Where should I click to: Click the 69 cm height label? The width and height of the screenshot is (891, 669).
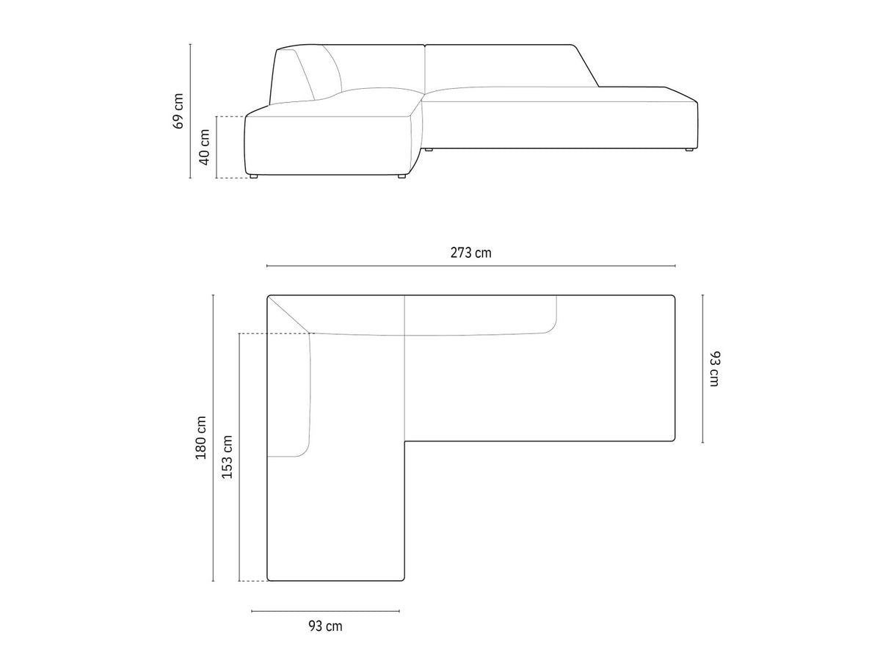(x=178, y=111)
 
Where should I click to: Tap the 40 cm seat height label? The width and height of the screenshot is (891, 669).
(x=204, y=147)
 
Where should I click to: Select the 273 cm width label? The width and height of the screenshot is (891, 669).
(x=471, y=253)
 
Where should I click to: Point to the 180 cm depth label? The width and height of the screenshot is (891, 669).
(x=201, y=438)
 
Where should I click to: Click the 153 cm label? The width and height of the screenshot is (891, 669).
(x=228, y=457)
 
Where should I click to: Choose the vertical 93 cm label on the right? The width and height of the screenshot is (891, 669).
(x=715, y=369)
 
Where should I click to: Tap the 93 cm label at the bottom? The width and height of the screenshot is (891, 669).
(x=325, y=626)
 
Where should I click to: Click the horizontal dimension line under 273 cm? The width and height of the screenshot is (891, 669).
(x=471, y=266)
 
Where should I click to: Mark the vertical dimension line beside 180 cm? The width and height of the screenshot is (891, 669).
(x=213, y=438)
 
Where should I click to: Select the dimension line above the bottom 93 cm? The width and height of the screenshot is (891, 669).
(x=325, y=610)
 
